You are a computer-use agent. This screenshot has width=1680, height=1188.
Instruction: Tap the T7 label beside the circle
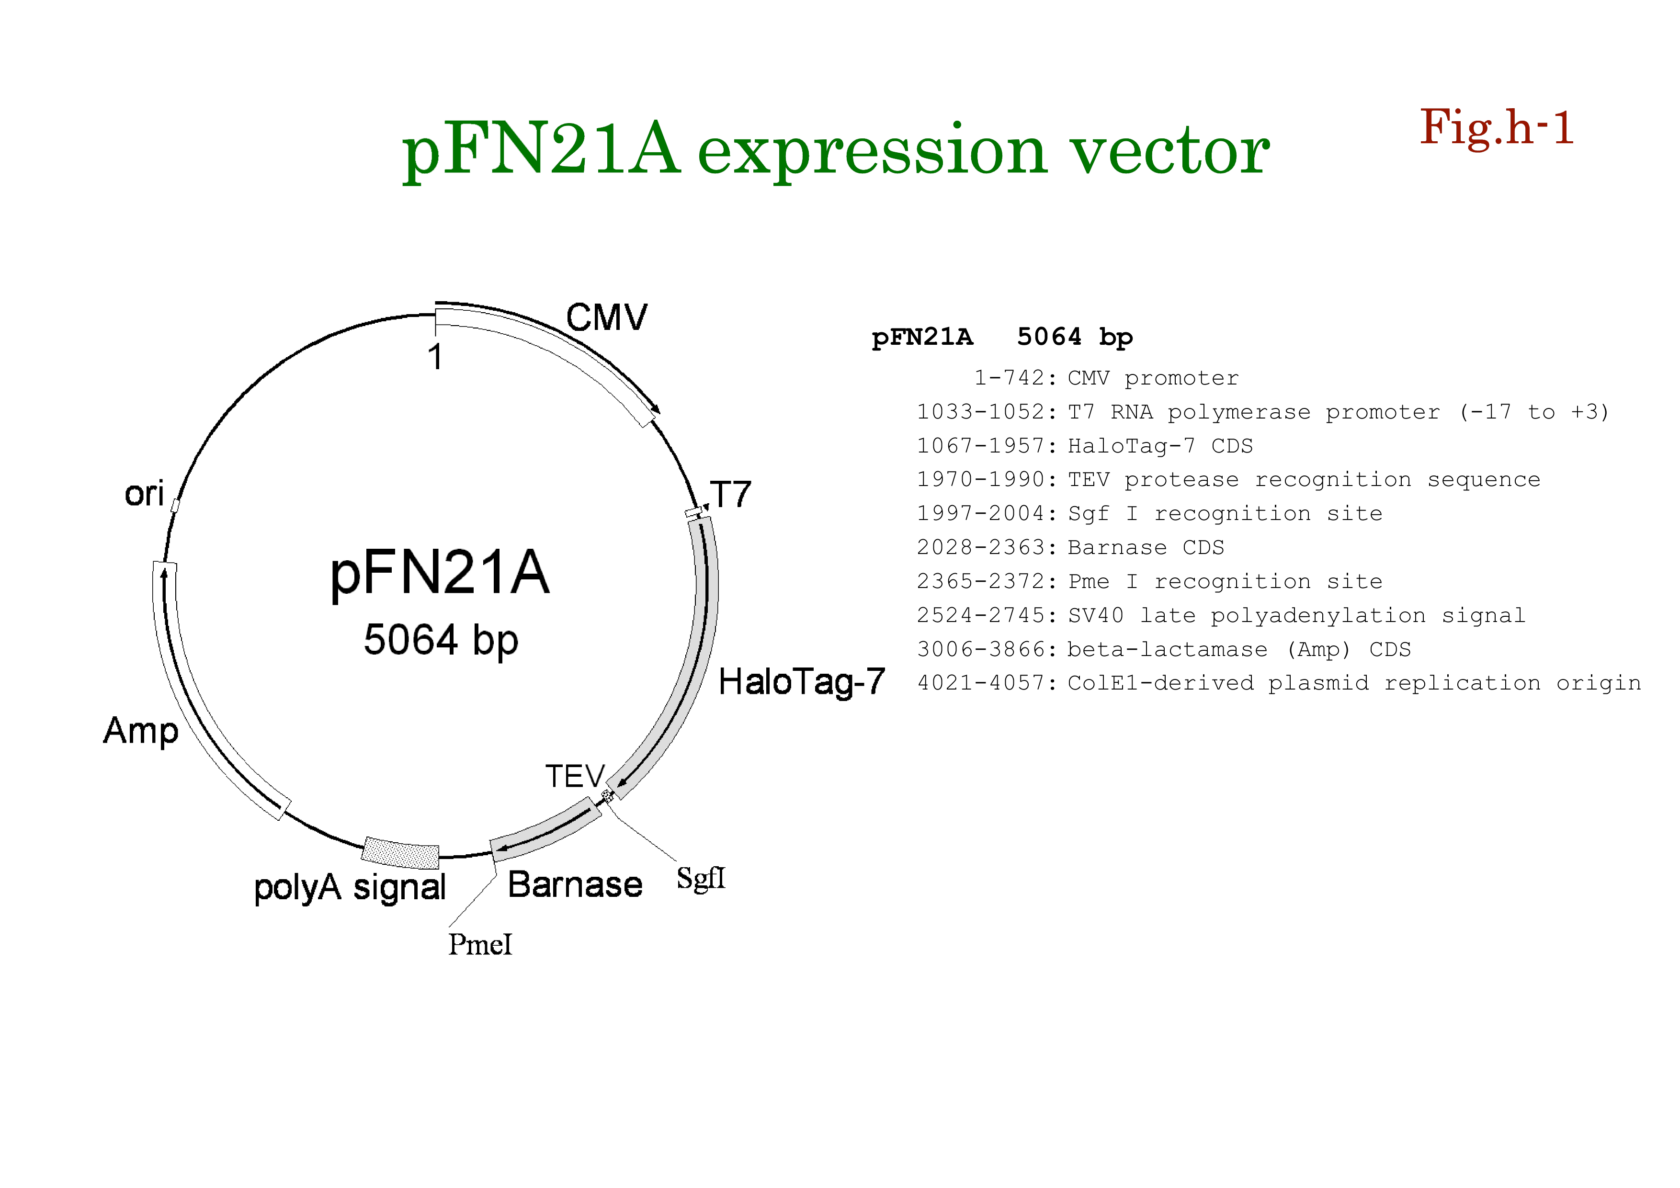730,495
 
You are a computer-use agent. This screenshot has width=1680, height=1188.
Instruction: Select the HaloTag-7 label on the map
801,682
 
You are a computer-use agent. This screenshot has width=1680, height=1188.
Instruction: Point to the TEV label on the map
575,776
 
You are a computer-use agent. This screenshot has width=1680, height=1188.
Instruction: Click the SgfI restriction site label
700,878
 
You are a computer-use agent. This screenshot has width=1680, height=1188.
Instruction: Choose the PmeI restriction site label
480,944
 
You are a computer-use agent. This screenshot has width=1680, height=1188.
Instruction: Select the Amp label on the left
140,731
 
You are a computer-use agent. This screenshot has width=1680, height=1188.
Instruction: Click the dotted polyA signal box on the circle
400,852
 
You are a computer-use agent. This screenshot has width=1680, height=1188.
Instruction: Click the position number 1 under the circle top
435,358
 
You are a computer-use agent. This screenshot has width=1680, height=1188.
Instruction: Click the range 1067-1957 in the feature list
980,445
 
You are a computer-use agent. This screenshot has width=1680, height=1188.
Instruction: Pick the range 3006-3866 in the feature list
980,649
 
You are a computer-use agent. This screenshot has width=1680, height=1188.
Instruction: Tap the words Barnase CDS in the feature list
1145,547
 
